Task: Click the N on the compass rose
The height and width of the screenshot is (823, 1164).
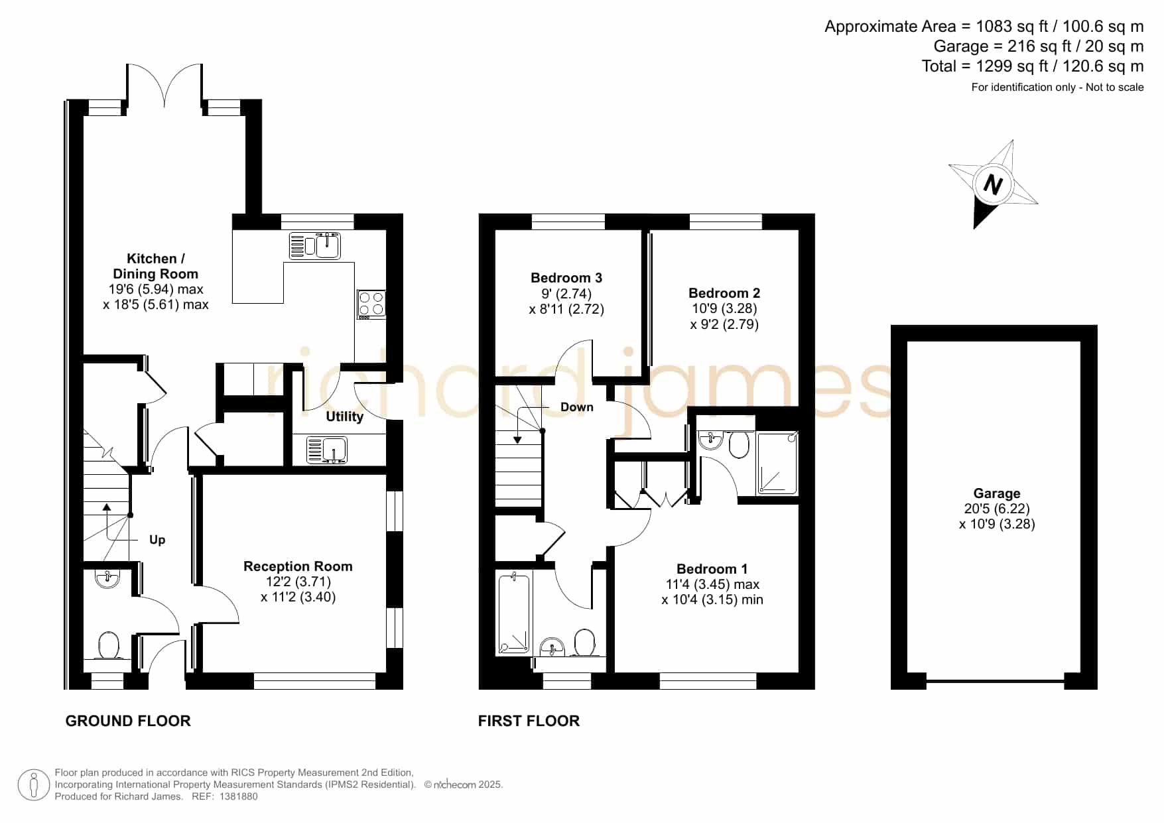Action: pos(992,184)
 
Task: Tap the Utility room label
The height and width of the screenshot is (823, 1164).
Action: pos(344,416)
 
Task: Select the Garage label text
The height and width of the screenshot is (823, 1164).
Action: pos(997,493)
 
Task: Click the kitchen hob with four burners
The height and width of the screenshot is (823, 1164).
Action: pos(371,304)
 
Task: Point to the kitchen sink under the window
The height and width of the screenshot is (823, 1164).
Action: pos(315,245)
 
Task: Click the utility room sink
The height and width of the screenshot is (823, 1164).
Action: pos(327,450)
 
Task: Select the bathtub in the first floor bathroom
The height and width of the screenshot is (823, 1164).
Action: pos(514,613)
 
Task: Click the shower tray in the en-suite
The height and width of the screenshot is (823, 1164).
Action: pos(777,463)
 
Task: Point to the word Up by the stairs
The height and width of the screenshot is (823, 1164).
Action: pos(157,540)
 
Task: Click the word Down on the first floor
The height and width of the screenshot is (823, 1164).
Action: pos(577,407)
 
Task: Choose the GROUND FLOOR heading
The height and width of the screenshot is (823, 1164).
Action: pos(128,721)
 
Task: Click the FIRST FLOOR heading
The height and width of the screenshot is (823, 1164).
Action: pos(529,721)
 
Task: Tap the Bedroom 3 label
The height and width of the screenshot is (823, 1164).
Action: pos(566,278)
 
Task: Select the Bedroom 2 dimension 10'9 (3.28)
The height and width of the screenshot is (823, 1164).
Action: pos(724,308)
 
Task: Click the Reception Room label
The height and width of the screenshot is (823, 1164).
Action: pos(298,566)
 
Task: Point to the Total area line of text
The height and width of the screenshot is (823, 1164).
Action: pos(1033,66)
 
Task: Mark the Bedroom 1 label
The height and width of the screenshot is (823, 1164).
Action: pos(712,569)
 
